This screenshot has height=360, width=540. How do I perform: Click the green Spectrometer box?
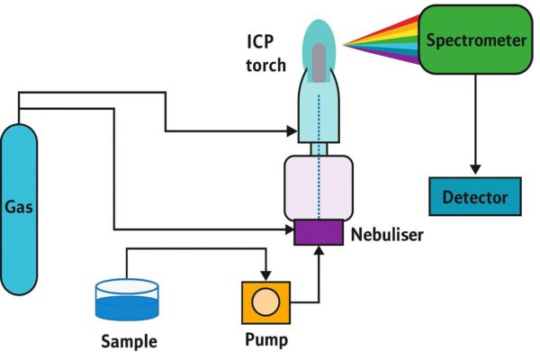tap(474, 40)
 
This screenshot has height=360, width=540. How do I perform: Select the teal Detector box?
tap(474, 197)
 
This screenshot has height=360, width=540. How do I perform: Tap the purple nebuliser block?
tap(319, 233)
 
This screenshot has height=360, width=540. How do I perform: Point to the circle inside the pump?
tap(266, 302)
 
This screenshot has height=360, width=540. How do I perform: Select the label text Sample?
tap(129, 341)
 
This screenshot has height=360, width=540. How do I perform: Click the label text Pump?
tap(266, 341)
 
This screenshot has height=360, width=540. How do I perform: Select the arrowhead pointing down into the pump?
tap(266, 274)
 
